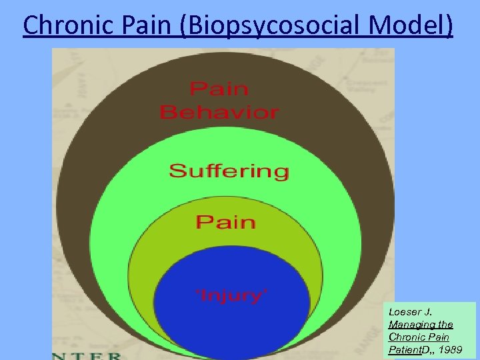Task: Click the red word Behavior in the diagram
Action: [219, 111]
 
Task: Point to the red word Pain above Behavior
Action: [219, 88]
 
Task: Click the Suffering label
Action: [229, 171]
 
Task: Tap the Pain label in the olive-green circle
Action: [225, 221]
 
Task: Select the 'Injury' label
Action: [231, 294]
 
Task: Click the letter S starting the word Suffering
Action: [177, 171]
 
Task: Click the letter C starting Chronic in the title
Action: [31, 25]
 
